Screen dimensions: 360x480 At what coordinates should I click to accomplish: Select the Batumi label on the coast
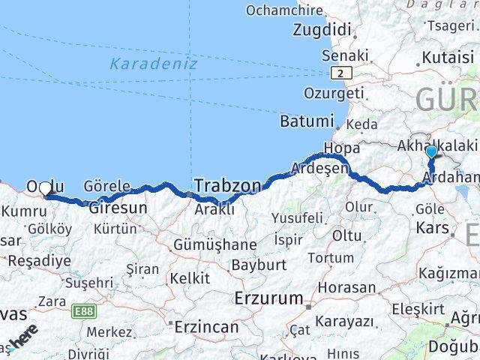[306, 121]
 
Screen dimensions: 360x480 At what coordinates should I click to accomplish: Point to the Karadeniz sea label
[153, 64]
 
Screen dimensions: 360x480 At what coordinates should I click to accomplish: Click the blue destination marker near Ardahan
[431, 153]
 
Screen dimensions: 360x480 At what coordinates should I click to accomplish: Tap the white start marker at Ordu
[46, 189]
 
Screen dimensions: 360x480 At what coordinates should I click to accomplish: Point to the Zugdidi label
[322, 31]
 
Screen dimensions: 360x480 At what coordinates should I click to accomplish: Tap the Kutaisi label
[448, 57]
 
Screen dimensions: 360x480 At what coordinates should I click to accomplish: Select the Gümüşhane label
[214, 244]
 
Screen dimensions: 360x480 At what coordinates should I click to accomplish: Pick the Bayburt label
[259, 265]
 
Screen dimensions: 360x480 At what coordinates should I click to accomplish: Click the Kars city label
[432, 227]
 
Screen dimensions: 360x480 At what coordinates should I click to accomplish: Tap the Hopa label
[341, 148]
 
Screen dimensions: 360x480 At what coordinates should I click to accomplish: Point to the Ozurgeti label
[334, 93]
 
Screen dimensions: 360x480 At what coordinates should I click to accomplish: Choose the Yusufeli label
[297, 218]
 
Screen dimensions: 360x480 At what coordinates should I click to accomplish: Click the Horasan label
[346, 287]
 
